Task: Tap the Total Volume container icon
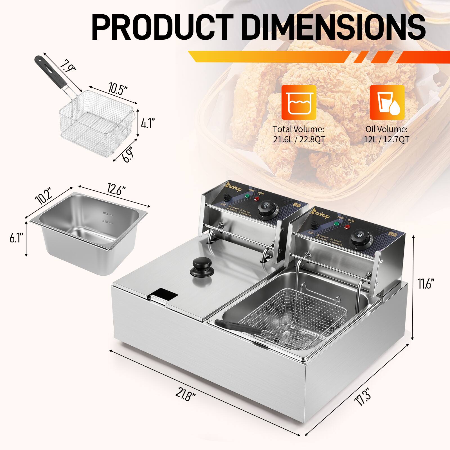299,103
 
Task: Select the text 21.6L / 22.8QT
299,139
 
